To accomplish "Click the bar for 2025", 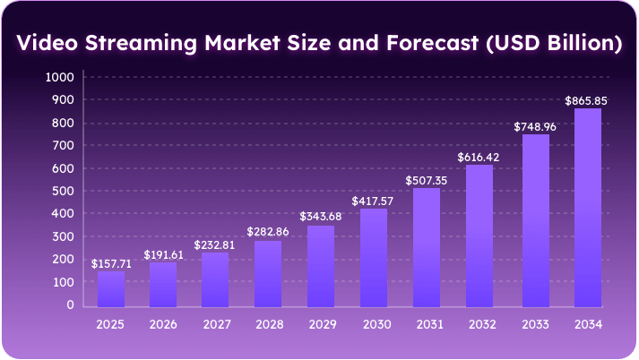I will click(x=111, y=287).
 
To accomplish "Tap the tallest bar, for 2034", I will click(x=587, y=207).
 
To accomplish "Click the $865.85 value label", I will click(x=586, y=101).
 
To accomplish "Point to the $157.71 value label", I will click(x=111, y=263).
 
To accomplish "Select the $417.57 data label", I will click(x=374, y=201).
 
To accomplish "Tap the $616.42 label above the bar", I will click(x=480, y=157).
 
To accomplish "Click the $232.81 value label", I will click(x=215, y=244).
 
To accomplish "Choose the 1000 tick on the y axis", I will click(x=59, y=78).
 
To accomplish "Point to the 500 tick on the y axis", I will click(x=63, y=191).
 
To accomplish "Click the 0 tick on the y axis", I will click(x=69, y=304).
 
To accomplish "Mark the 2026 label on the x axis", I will click(x=163, y=323).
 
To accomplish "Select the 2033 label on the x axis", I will click(x=535, y=323).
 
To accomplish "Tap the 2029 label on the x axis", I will click(x=321, y=323).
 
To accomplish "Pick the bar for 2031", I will click(x=427, y=246).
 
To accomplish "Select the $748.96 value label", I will click(x=534, y=127).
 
